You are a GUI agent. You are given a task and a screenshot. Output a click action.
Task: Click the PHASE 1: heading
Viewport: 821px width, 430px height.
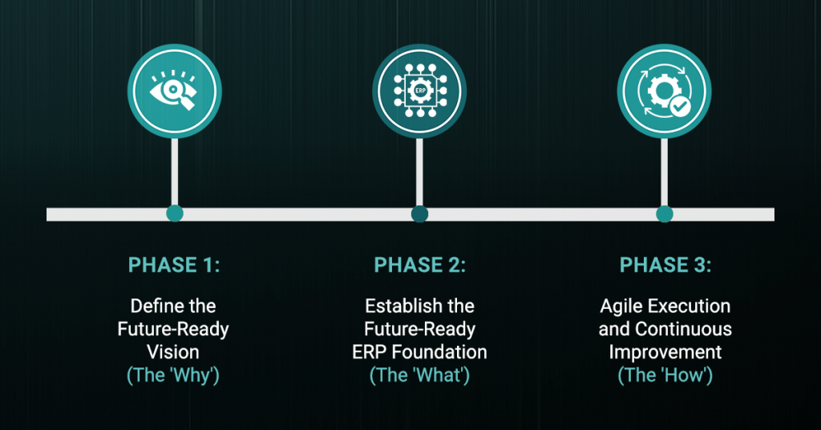(174, 265)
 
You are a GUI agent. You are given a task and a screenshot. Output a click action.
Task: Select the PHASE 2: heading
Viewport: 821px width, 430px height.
(419, 265)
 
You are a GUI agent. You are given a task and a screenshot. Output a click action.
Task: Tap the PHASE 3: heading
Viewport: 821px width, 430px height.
(665, 265)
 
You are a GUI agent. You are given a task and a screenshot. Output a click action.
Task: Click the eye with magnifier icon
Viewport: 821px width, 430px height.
(174, 91)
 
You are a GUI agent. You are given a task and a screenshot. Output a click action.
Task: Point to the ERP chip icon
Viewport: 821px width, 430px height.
(419, 91)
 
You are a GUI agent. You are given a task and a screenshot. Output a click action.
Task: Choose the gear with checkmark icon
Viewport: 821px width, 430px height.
(664, 91)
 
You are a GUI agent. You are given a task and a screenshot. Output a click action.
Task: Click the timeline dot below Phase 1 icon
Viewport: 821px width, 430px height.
(174, 213)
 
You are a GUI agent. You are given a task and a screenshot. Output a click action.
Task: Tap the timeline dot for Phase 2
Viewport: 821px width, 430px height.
(419, 213)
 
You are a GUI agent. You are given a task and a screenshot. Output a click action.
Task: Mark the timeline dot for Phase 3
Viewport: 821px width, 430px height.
(665, 213)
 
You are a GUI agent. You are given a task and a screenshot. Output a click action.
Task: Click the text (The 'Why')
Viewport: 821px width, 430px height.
(173, 375)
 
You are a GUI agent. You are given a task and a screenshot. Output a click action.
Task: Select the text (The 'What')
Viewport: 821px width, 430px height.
(419, 375)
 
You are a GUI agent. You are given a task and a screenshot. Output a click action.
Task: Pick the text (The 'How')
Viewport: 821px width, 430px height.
(665, 375)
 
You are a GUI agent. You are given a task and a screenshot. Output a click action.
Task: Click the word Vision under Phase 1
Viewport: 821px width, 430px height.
(173, 352)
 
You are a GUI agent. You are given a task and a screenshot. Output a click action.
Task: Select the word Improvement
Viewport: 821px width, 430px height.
(665, 352)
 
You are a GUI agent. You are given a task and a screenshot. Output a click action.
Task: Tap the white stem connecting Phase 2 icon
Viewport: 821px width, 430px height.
(419, 172)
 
